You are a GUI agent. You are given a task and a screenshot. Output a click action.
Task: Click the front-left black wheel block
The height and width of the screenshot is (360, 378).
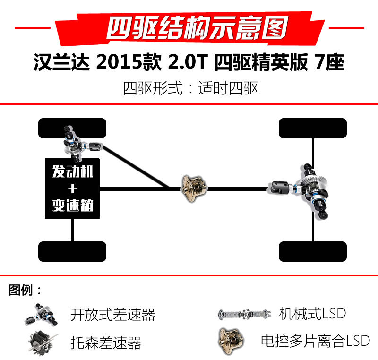pos(72,128)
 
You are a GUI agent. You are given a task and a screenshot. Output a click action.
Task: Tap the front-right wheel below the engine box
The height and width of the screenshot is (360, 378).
pos(72,251)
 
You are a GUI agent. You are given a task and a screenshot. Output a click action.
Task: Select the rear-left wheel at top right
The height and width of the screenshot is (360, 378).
pos(313,128)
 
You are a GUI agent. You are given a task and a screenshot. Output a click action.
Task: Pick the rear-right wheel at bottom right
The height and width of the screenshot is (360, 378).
pos(313,251)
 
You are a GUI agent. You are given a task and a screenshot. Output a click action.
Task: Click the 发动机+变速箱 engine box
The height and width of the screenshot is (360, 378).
pos(72,189)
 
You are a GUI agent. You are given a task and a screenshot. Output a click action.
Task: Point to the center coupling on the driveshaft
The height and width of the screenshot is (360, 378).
pos(194,189)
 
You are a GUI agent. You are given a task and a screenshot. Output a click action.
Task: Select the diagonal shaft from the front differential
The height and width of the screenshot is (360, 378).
pos(136,166)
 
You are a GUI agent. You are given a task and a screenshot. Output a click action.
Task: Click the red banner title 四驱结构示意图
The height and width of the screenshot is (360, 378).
pos(197,28)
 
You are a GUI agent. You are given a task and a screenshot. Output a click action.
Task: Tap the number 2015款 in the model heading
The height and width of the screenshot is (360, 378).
pos(129,62)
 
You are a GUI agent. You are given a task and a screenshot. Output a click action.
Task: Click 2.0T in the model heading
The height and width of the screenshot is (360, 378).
pos(188,62)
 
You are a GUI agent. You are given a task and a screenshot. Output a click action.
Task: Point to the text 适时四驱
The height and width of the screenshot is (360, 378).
pos(228,88)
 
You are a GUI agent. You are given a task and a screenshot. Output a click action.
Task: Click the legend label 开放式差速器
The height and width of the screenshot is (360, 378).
pos(113,315)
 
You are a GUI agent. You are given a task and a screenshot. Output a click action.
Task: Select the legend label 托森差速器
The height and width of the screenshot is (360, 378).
pos(106,343)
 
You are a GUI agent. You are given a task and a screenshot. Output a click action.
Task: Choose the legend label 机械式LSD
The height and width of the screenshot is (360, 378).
pos(312,314)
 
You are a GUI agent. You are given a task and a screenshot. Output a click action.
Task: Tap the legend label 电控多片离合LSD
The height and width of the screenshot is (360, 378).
pos(316,341)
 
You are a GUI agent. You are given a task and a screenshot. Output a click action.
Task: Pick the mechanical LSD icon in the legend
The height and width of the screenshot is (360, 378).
pos(244,314)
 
